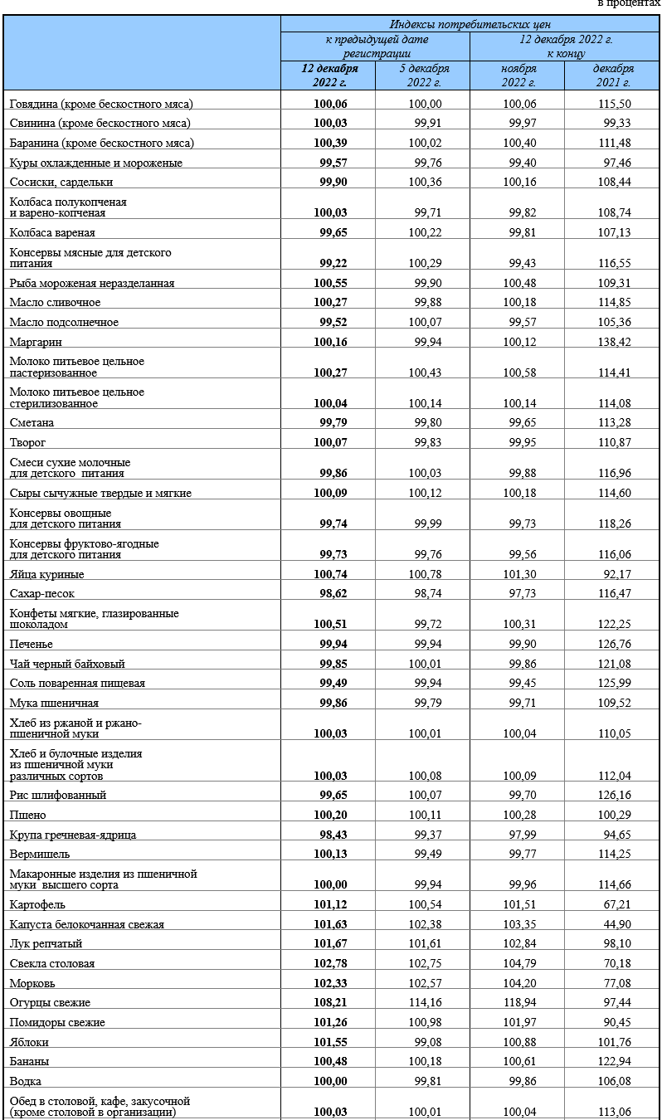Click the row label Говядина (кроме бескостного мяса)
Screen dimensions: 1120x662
[x=101, y=104]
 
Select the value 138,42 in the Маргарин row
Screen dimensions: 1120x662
[x=614, y=342]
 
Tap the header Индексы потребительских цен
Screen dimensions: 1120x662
[x=470, y=24]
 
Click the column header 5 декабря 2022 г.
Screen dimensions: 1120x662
[x=423, y=75]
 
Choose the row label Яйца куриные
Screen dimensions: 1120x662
[x=47, y=574]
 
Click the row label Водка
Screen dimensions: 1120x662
[x=26, y=1081]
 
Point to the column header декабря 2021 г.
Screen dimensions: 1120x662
[x=613, y=75]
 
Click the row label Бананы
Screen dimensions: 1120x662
[x=29, y=1061]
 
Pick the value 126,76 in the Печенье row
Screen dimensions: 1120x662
[x=614, y=644]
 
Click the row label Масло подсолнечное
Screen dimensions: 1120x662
[x=64, y=322]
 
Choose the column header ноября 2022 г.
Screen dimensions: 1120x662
[x=518, y=75]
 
